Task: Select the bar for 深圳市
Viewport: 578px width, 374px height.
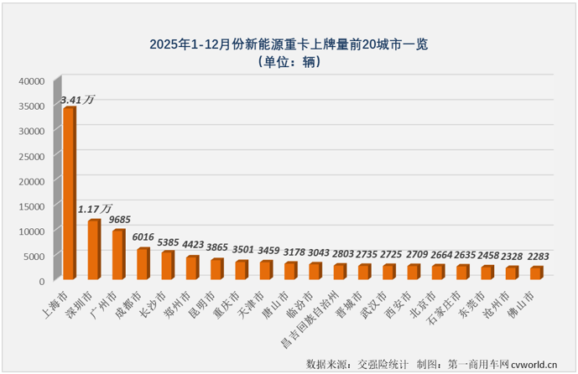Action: tap(94, 250)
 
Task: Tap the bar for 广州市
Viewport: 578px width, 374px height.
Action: tap(118, 255)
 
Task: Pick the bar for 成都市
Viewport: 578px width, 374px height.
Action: tap(143, 264)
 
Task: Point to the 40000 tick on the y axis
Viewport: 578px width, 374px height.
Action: tap(32, 81)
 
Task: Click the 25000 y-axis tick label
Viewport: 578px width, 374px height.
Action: tap(32, 156)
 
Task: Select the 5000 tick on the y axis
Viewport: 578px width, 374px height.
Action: tap(34, 255)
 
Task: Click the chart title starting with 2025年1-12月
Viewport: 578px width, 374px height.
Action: tap(289, 44)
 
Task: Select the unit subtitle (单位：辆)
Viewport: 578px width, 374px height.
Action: tap(289, 61)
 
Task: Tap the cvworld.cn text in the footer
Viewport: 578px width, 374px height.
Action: tap(534, 364)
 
